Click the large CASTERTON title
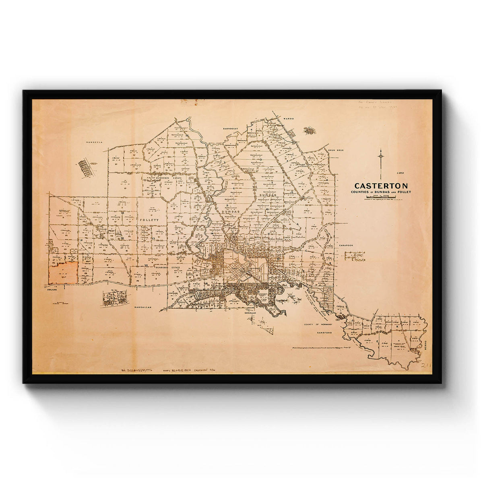coord(381,186)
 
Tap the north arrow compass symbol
coord(380,159)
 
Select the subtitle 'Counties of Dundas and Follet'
coord(381,192)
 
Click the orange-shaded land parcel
coord(63,273)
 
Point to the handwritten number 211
coord(426,365)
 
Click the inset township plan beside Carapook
coord(355,256)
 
